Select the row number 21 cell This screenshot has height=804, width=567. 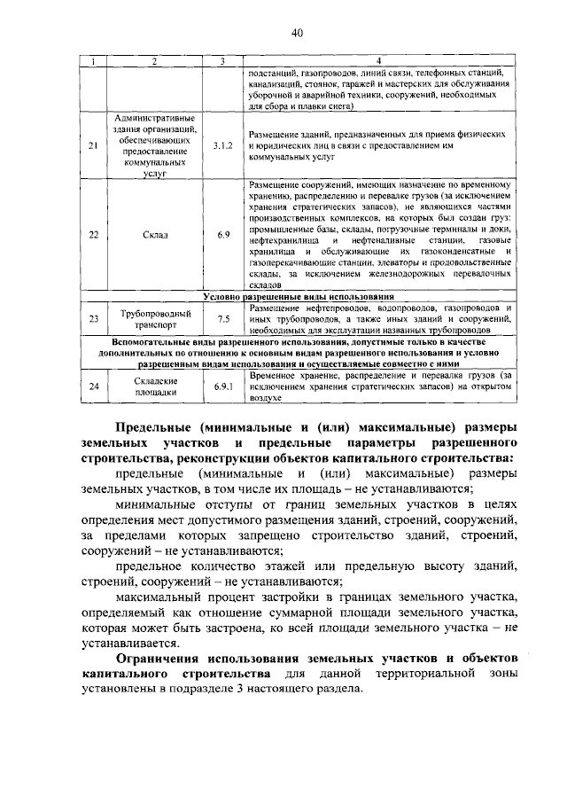pyautogui.click(x=94, y=145)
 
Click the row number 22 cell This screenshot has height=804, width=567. pyautogui.click(x=94, y=235)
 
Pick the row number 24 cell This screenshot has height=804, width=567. pyautogui.click(x=94, y=386)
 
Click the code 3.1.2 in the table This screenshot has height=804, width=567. pyautogui.click(x=223, y=145)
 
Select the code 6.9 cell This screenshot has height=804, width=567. pyautogui.click(x=223, y=235)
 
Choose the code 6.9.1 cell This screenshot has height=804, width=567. pyautogui.click(x=223, y=386)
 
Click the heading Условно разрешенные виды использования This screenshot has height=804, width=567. pyautogui.click(x=298, y=296)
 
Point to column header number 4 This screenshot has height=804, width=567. pyautogui.click(x=379, y=60)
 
